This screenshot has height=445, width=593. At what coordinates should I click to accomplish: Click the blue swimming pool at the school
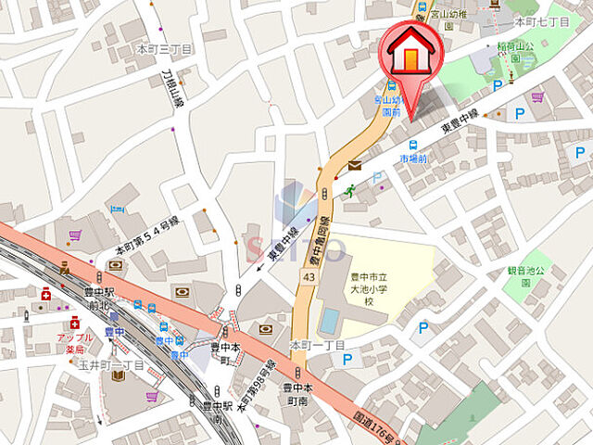tap(329, 321)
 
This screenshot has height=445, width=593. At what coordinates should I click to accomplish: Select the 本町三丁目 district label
tap(164, 48)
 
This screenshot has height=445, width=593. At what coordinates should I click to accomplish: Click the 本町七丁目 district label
tap(541, 19)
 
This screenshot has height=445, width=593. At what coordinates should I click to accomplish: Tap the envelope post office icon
tap(356, 166)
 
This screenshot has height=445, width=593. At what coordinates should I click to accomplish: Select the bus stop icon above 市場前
tap(412, 144)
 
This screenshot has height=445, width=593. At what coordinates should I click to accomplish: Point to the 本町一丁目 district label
tap(317, 345)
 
